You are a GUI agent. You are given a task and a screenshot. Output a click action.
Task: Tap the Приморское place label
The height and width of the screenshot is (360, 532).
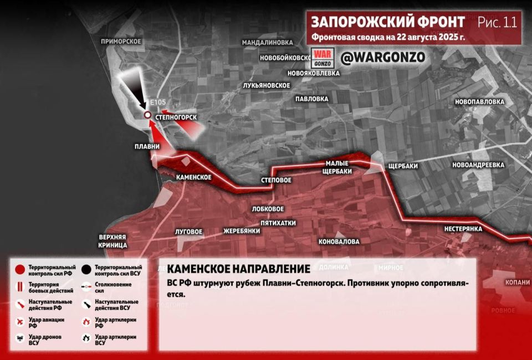(121, 42)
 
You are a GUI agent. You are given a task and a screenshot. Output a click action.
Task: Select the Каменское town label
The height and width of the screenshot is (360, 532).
(193, 177)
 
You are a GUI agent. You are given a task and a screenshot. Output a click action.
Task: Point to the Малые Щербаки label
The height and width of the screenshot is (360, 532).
(337, 167)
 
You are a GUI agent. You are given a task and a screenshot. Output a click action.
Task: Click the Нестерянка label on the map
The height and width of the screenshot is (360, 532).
(463, 229)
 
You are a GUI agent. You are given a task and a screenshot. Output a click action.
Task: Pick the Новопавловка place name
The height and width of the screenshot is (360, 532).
(479, 102)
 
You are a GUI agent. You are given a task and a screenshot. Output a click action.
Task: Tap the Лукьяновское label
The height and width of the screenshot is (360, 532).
(267, 85)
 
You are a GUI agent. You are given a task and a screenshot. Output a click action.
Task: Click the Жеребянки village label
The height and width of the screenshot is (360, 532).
(242, 231)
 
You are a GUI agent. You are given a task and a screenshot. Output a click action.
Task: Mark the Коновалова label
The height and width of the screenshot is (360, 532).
(339, 242)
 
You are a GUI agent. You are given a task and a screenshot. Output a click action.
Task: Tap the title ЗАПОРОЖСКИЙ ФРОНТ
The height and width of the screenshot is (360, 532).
(387, 22)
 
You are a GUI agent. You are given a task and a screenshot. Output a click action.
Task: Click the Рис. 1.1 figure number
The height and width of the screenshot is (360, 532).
(497, 23)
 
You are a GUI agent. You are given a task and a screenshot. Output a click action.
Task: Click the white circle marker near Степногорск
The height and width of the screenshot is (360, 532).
(147, 115)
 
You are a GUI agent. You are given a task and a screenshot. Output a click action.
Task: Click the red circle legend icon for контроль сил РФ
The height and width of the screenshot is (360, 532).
(19, 270)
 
